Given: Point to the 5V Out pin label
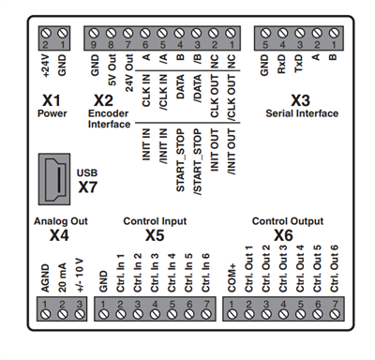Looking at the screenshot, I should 112,70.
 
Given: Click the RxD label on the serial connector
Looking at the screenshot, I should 278,67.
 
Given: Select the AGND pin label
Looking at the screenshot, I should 43,278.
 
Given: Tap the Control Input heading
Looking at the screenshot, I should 156,222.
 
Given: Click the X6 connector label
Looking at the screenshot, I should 284,235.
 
